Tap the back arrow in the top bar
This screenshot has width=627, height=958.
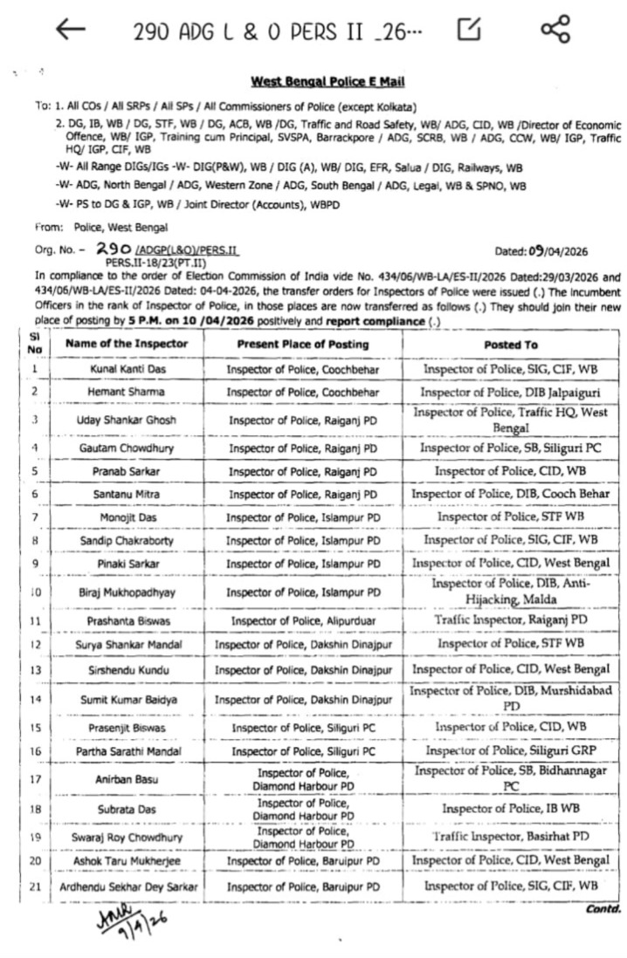[71, 31]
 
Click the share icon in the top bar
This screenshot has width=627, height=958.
[555, 31]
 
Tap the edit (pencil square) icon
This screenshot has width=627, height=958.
[470, 31]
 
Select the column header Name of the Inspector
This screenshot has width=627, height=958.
[126, 344]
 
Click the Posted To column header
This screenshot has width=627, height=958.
[510, 345]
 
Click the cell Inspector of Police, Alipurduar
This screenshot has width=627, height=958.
[303, 621]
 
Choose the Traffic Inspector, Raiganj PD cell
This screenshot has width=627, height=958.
[510, 620]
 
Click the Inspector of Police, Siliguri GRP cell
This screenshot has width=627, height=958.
[510, 750]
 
